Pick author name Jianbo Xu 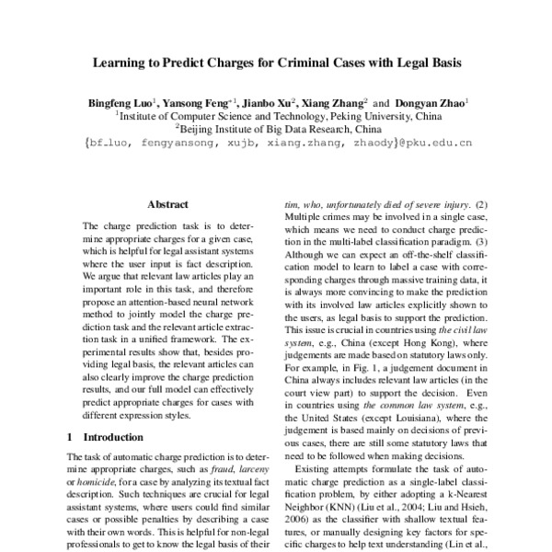coord(274,106)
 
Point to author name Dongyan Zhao coord(432,106)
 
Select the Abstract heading coord(167,204)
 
